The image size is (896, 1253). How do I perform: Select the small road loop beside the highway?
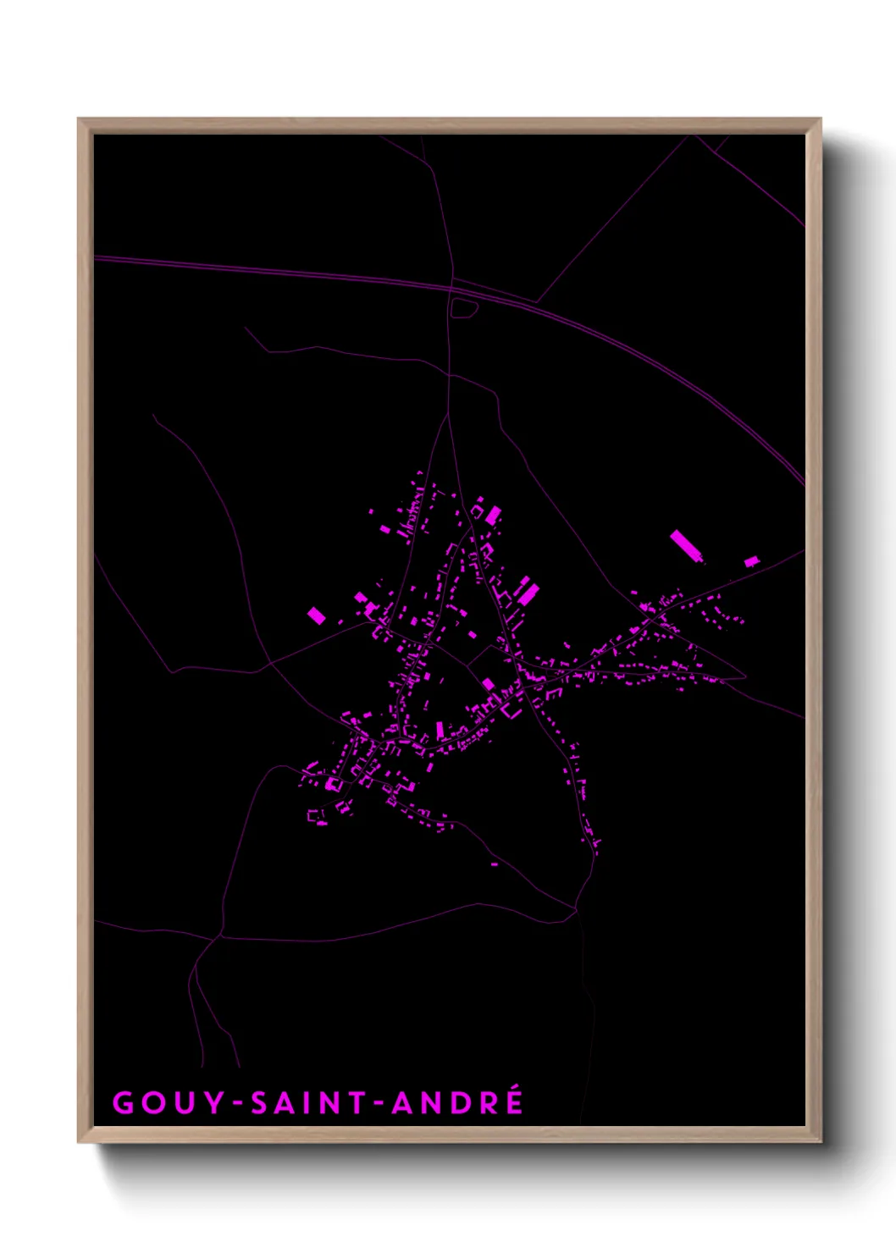click(x=464, y=308)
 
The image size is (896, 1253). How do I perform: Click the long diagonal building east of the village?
click(x=687, y=546)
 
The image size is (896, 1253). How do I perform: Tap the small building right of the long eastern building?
click(x=751, y=560)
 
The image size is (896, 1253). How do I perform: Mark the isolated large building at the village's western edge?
click(x=316, y=615)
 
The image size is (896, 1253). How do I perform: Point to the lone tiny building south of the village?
click(x=495, y=864)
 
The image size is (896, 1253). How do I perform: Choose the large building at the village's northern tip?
click(x=492, y=515)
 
